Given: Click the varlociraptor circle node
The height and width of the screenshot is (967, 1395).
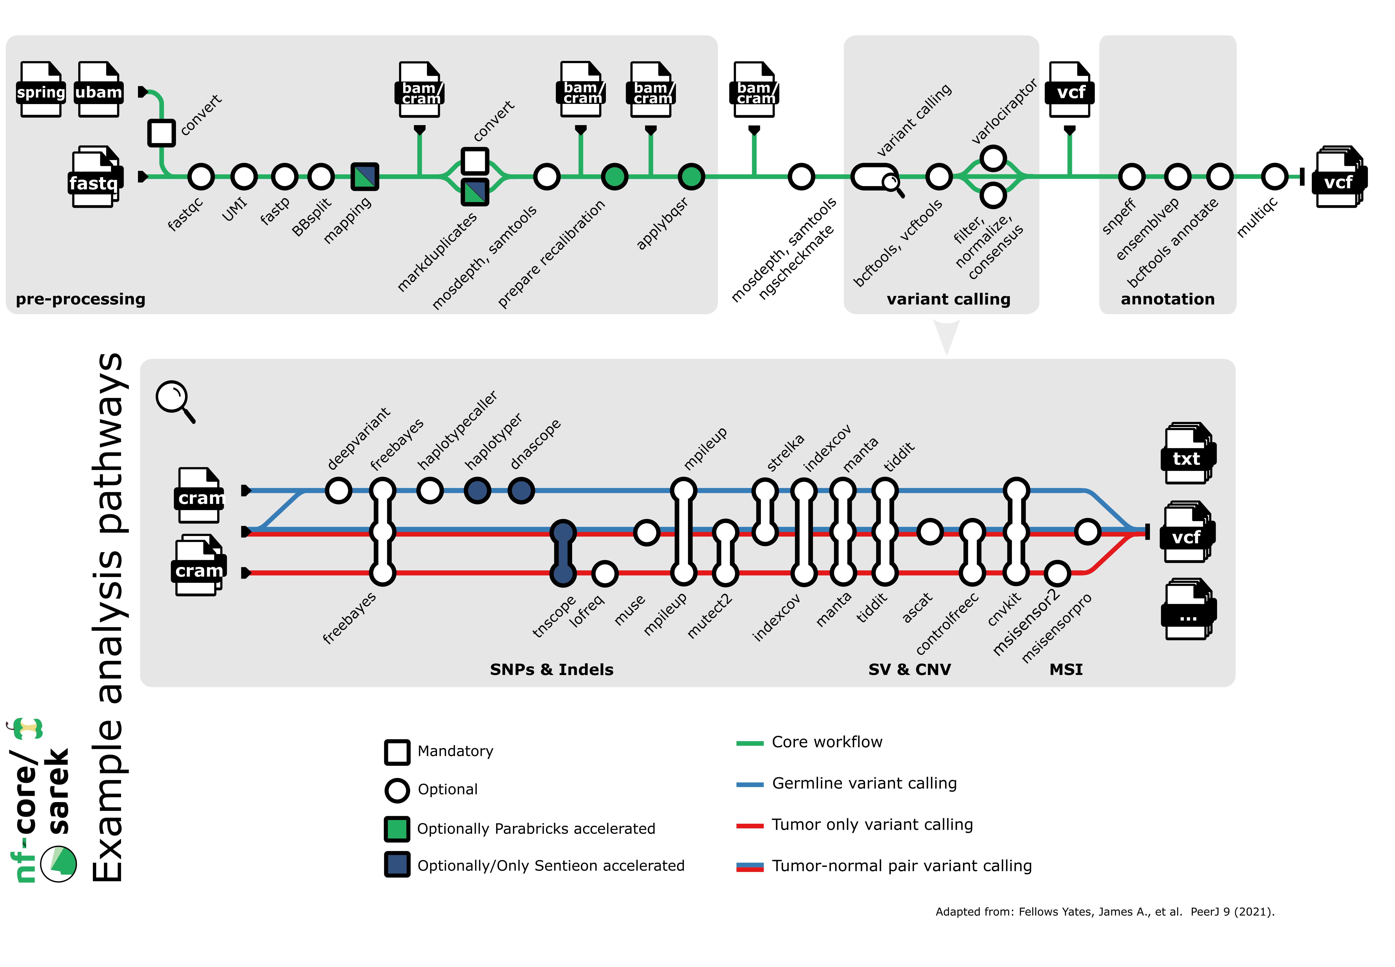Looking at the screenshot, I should [992, 159].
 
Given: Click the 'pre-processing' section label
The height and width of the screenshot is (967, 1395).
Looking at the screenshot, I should [81, 299].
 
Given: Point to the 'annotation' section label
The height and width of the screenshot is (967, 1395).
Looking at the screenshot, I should [1167, 299].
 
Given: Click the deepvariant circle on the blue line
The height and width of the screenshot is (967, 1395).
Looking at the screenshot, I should [338, 490].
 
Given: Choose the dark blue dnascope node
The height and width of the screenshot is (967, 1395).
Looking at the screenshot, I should [521, 490].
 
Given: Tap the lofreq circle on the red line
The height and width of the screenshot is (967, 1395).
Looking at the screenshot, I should [605, 573].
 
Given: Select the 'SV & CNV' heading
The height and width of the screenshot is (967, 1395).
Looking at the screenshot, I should [909, 669].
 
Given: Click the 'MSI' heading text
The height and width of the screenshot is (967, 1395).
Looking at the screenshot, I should [1066, 669].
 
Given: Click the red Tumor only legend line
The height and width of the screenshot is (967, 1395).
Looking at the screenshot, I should [749, 825].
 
